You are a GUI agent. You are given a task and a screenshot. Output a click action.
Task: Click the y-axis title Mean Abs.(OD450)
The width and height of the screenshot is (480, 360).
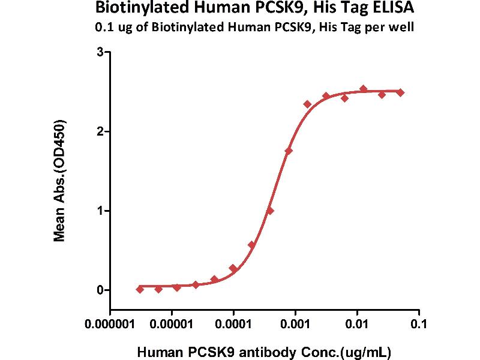[59, 181]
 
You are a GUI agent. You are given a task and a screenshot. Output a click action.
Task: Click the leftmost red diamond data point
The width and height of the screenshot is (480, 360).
[140, 289]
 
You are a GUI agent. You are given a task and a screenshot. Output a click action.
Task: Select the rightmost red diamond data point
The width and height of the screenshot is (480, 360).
[400, 92]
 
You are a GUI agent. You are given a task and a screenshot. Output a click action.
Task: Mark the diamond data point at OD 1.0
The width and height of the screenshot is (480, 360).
[270, 211]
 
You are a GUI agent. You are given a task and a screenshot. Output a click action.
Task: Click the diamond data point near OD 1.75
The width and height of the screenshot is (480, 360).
[289, 151]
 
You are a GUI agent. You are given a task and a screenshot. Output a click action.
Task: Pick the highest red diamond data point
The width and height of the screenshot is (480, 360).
[363, 89]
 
